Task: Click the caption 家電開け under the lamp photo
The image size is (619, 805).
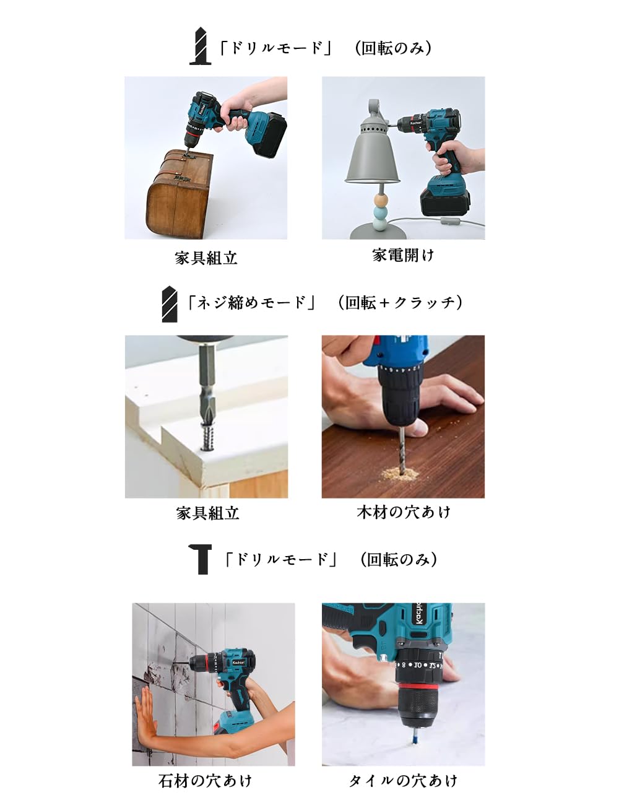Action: [403, 255]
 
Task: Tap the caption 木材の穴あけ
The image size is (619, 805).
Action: [403, 512]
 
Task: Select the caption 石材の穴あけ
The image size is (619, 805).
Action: [206, 781]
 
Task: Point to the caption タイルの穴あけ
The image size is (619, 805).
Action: [403, 781]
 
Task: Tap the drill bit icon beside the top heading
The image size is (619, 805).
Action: [200, 46]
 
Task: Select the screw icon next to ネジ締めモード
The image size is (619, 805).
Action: [169, 303]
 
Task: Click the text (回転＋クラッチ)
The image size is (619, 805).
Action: [400, 303]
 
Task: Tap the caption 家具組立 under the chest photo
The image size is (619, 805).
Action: [206, 258]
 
